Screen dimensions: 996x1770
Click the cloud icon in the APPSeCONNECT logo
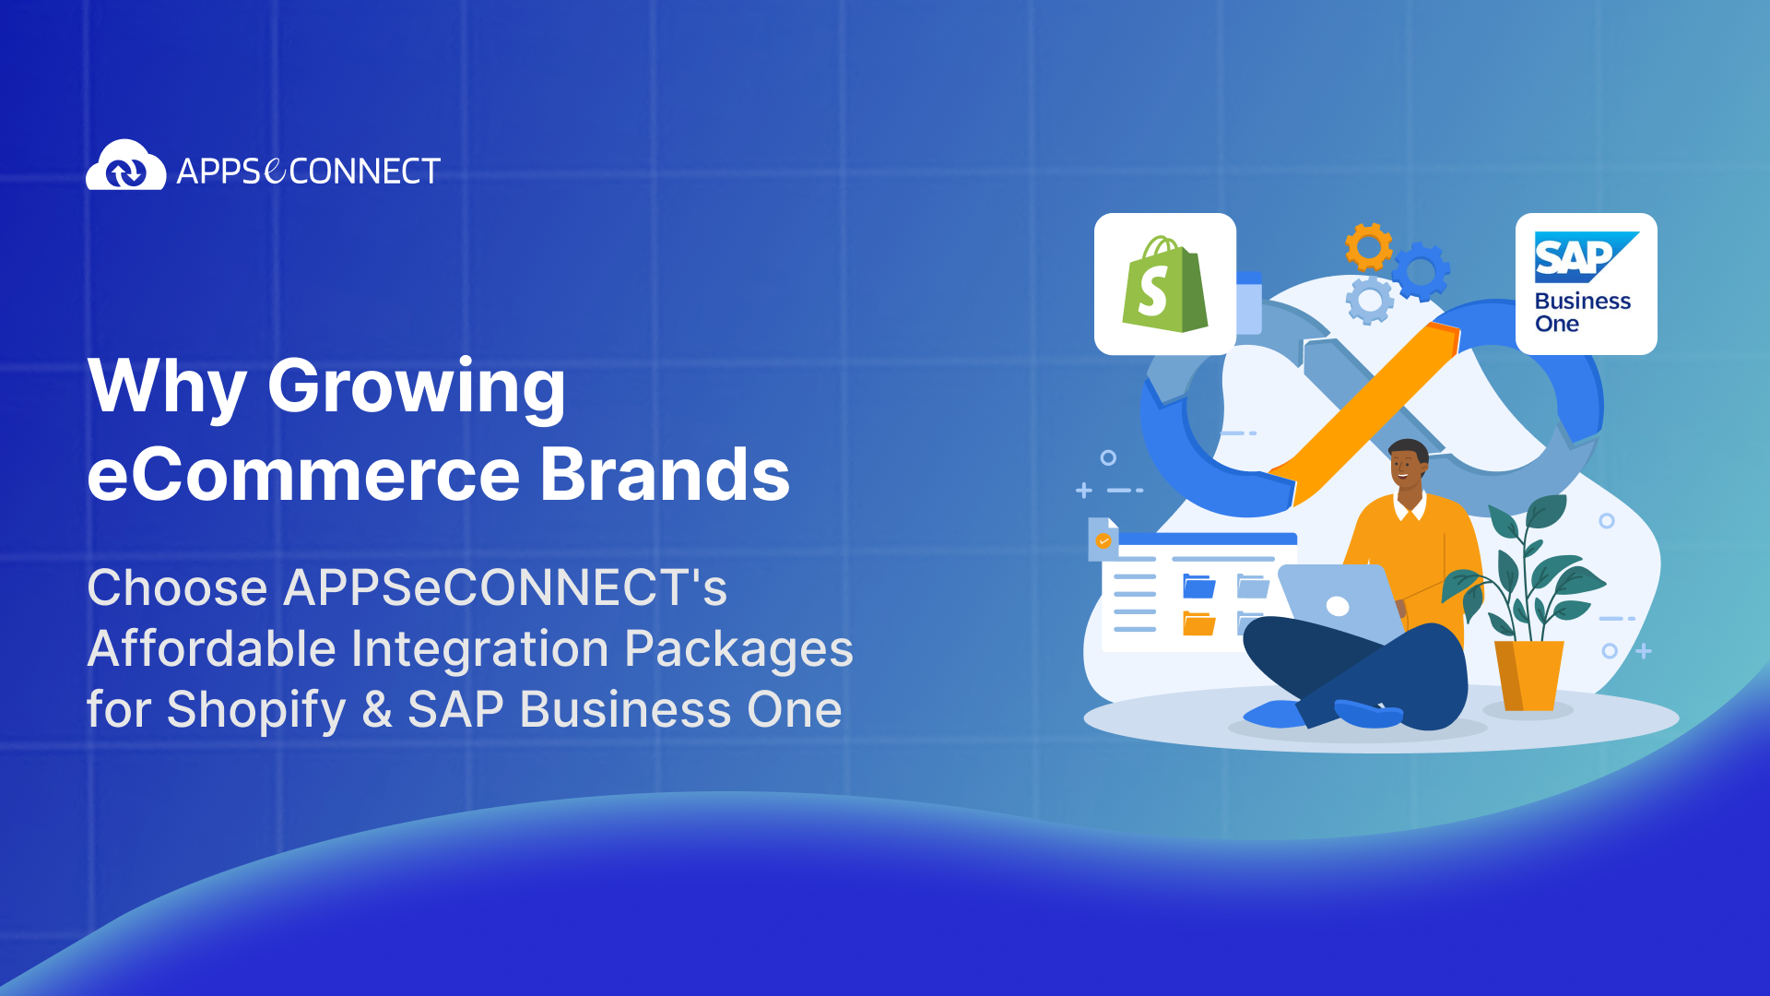click(125, 166)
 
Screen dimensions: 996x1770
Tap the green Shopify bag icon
click(1164, 286)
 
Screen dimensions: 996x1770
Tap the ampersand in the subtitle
click(377, 710)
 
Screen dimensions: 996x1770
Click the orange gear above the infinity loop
click(1368, 246)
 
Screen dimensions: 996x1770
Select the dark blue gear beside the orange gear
click(1421, 271)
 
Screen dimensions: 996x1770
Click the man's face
click(1405, 467)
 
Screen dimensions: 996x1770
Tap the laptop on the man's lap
click(1337, 604)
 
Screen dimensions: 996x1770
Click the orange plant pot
click(1528, 675)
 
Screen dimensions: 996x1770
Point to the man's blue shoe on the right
click(1366, 713)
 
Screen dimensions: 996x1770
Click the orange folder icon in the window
click(1198, 624)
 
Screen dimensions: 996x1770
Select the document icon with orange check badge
click(1103, 539)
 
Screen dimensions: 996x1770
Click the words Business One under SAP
click(1581, 313)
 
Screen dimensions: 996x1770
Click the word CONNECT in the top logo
click(364, 172)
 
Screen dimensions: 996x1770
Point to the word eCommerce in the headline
click(304, 475)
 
